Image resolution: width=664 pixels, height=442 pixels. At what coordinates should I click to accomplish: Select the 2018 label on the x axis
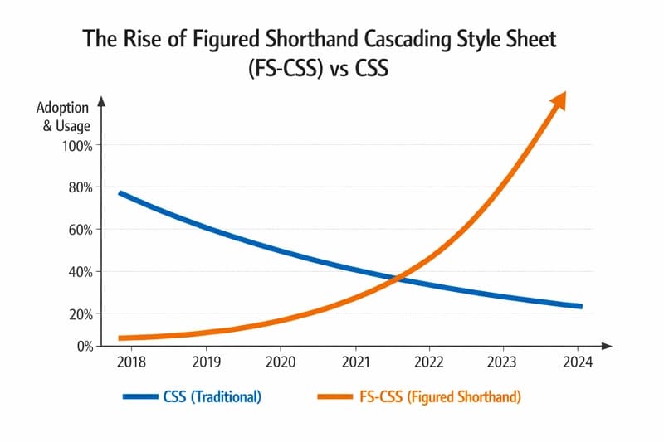131,362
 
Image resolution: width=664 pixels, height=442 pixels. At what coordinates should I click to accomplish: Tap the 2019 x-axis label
206,362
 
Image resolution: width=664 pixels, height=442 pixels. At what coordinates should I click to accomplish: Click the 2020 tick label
281,362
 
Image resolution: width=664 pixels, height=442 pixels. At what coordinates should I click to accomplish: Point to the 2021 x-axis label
355,362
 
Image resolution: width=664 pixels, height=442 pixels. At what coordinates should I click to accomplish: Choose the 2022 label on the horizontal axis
429,362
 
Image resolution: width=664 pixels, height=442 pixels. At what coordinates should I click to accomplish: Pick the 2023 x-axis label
503,362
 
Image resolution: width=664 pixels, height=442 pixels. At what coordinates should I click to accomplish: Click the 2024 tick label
578,362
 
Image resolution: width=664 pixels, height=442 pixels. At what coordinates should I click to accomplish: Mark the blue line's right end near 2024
580,307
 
